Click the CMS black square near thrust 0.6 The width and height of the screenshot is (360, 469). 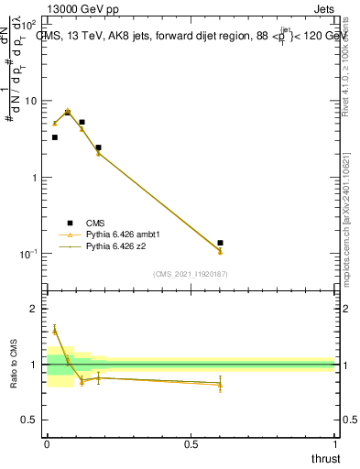(220, 243)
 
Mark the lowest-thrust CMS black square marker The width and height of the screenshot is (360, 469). (54, 137)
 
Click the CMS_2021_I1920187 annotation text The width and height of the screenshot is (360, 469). (190, 273)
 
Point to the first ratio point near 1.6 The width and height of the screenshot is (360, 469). (54, 329)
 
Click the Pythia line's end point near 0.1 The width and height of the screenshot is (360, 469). (220, 252)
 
